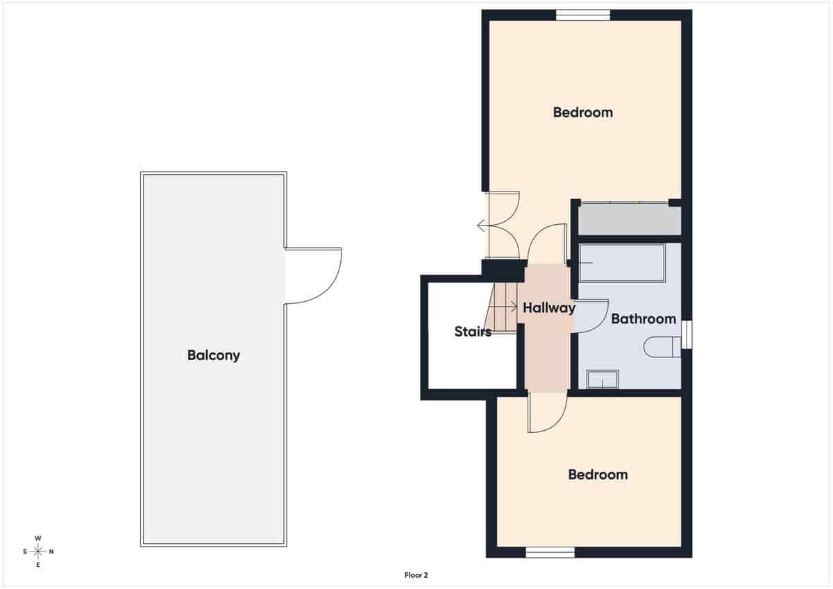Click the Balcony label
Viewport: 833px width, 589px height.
pos(213,355)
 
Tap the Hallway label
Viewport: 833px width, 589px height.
pos(549,308)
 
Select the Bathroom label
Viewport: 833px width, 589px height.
pos(643,319)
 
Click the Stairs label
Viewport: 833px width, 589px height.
pos(473,332)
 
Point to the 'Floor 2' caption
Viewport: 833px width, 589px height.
pos(416,574)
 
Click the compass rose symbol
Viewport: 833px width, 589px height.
pos(38,552)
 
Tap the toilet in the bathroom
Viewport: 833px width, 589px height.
pos(662,347)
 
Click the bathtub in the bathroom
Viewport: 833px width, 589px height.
pos(622,263)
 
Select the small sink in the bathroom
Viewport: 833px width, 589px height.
pos(602,379)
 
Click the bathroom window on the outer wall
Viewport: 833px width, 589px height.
pos(687,334)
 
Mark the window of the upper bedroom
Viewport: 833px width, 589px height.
pos(582,15)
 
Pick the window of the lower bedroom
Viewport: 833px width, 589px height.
pos(550,552)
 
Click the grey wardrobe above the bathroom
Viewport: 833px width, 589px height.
pos(629,220)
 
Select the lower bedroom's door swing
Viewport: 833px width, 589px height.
pos(548,413)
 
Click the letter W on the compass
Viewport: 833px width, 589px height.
pos(38,538)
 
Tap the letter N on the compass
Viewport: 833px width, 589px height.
pos(51,552)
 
